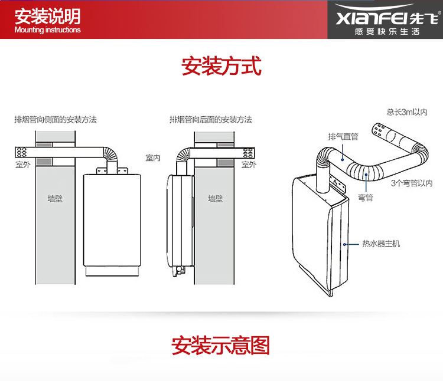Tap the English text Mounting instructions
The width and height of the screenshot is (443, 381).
tap(47, 30)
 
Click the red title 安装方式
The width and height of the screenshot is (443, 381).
tap(221, 66)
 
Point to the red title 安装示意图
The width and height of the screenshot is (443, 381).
tap(221, 345)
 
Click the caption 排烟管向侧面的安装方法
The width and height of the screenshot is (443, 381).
tap(56, 119)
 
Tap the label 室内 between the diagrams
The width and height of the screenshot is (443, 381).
tap(154, 158)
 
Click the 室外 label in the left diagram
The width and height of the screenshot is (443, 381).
tap(23, 165)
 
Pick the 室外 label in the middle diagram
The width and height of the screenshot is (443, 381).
tap(249, 165)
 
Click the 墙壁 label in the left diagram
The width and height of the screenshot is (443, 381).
tap(55, 199)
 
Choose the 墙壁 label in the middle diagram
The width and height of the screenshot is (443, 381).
tap(216, 199)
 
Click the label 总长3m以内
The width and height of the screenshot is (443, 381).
tap(406, 111)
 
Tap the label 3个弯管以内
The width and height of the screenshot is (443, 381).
tap(412, 183)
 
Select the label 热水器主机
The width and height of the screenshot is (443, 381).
tap(381, 243)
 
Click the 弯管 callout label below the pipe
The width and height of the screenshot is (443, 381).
tap(366, 198)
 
